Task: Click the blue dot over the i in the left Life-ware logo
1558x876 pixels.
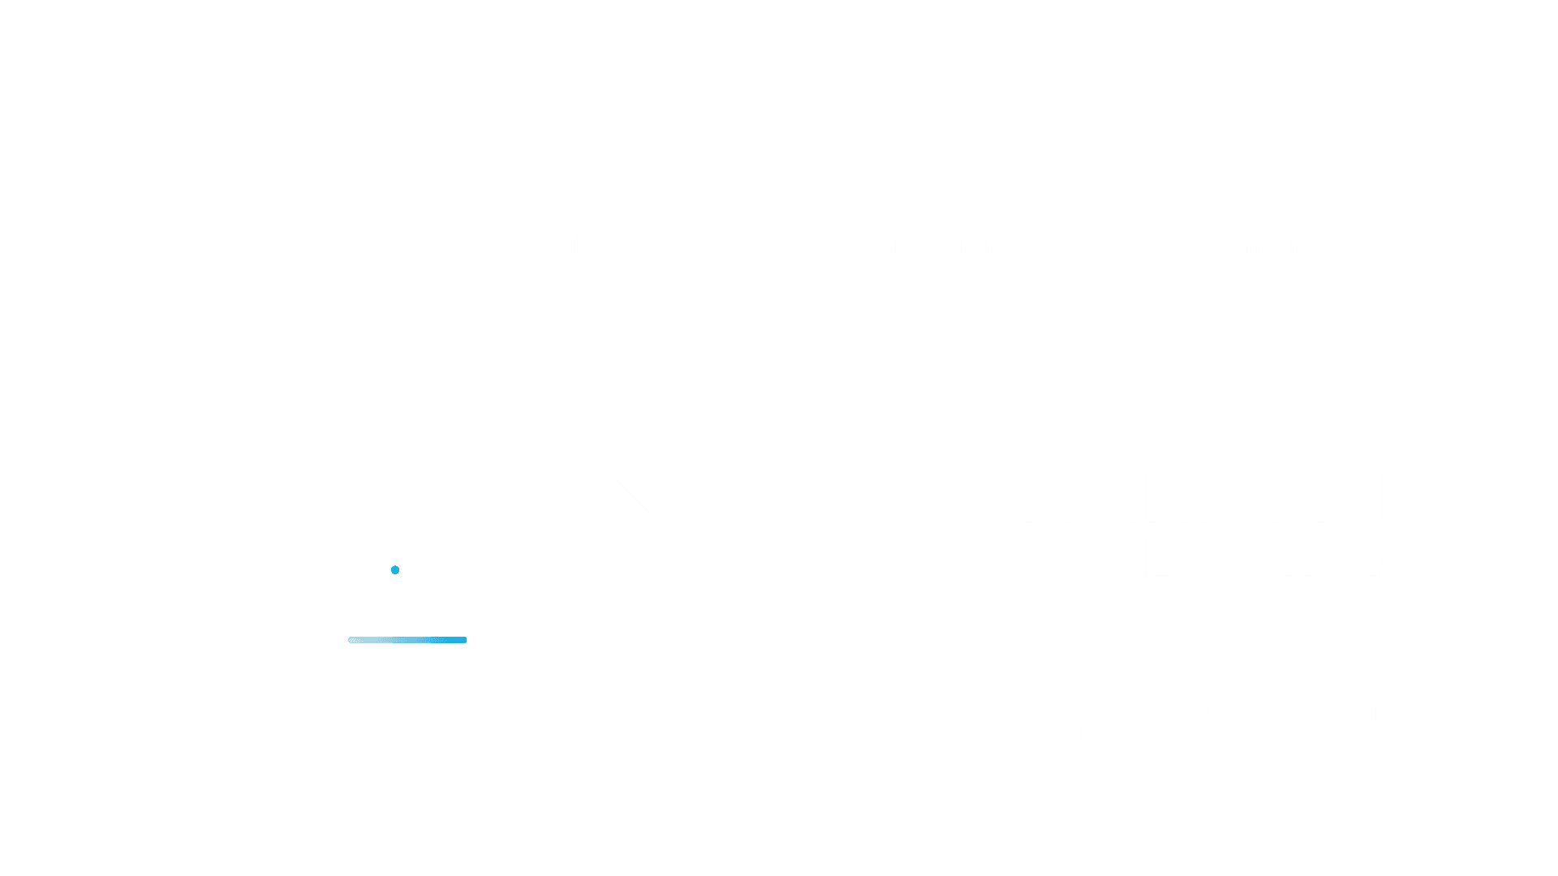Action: click(395, 570)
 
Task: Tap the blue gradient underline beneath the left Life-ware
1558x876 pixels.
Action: click(407, 640)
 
